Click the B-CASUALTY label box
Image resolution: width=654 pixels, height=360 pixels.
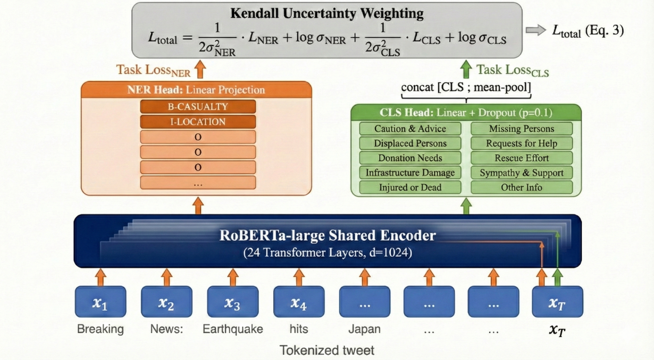pyautogui.click(x=197, y=107)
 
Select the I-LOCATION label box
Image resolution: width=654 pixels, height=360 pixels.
pyautogui.click(x=197, y=122)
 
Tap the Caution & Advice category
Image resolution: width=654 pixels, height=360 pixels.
pyautogui.click(x=410, y=129)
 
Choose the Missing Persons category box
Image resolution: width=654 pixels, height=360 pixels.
pyautogui.click(x=521, y=129)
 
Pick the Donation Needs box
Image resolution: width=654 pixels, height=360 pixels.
pyautogui.click(x=410, y=158)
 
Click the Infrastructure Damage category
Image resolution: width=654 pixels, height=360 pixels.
pyautogui.click(x=410, y=173)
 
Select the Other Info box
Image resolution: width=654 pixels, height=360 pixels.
pyautogui.click(x=521, y=187)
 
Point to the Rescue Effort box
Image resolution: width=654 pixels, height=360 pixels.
pyautogui.click(x=521, y=158)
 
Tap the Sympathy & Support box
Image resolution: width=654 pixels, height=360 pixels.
pyautogui.click(x=521, y=173)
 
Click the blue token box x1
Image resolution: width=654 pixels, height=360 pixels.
pyautogui.click(x=100, y=302)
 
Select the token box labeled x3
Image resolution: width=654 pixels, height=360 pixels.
pyautogui.click(x=233, y=302)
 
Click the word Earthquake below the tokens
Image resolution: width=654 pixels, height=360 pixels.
pyautogui.click(x=233, y=329)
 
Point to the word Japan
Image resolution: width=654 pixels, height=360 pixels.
pyautogui.click(x=364, y=329)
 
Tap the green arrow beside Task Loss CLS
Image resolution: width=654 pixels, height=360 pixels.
pyautogui.click(x=466, y=69)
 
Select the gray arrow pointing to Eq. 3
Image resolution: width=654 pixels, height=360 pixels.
pyautogui.click(x=535, y=30)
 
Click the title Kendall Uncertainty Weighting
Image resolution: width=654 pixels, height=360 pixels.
pyautogui.click(x=327, y=13)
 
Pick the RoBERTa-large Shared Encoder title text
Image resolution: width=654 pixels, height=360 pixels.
pyautogui.click(x=328, y=236)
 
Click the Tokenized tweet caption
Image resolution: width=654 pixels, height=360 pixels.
pyautogui.click(x=327, y=350)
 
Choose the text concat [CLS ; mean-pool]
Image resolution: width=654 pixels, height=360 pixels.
pyautogui.click(x=466, y=87)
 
